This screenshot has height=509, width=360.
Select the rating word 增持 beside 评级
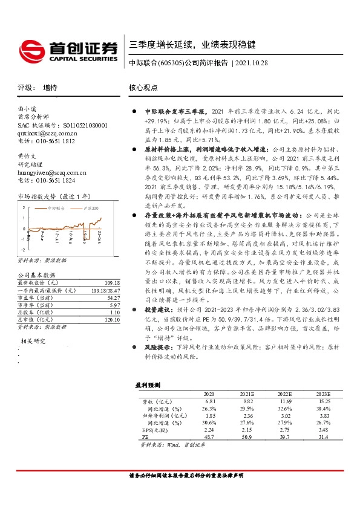tap(50, 88)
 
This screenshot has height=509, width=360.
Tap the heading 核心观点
tap(143, 88)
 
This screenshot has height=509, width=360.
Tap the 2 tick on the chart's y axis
tap(22, 207)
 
